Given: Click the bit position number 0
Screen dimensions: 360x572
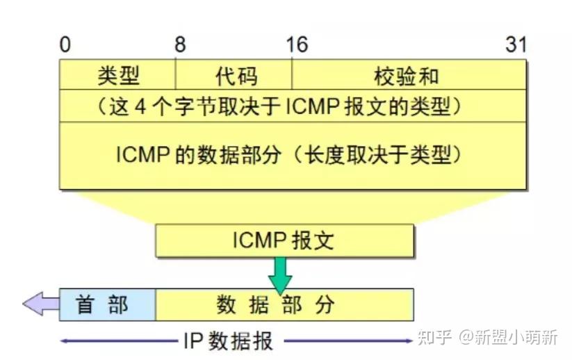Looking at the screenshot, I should point(65,45).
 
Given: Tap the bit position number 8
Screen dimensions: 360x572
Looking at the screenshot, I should point(180,45).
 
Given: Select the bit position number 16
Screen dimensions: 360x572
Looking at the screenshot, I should point(296,45).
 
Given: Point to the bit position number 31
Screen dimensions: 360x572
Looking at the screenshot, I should point(516,45).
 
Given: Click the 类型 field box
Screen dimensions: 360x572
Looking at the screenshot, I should point(117,75).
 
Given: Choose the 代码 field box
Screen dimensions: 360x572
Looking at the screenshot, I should point(234,75).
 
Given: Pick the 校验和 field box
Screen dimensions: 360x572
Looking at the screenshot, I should point(409,75).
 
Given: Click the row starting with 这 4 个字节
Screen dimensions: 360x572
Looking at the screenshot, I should point(292,106).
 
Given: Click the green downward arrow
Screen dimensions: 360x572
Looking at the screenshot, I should point(281,275).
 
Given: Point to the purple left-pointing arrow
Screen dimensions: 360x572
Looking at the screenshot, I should point(40,304).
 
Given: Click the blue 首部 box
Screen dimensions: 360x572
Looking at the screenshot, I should point(107,304).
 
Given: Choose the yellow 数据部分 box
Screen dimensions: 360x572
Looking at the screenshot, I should point(284,304).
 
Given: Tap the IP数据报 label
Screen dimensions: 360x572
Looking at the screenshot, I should point(229,341).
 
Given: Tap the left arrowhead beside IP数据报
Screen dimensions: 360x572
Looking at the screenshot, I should point(64,341).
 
